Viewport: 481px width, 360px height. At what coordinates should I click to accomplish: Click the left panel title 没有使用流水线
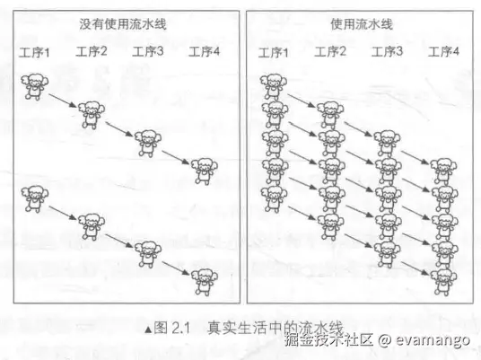[123, 24]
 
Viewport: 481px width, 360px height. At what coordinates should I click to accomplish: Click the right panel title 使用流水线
[362, 24]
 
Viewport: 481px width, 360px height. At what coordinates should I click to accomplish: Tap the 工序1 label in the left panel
[34, 52]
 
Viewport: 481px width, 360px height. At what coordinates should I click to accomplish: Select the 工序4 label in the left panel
[204, 51]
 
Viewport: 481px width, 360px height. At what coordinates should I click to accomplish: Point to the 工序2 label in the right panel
[330, 51]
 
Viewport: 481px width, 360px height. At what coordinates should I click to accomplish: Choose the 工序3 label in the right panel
[387, 51]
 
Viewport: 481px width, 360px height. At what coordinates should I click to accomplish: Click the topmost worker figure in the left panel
[35, 86]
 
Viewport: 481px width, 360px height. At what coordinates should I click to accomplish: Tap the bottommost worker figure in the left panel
[205, 282]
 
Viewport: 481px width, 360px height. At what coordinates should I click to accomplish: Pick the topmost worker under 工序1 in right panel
[274, 87]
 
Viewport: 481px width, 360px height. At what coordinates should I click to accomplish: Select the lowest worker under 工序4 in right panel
[443, 282]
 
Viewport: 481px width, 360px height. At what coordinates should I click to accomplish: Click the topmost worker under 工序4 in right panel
[443, 171]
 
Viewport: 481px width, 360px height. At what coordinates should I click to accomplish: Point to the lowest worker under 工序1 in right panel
[274, 199]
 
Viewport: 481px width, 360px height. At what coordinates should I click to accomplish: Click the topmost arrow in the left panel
[63, 101]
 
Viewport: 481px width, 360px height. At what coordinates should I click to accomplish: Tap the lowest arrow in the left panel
[176, 268]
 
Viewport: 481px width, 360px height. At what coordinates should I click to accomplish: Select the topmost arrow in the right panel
[302, 101]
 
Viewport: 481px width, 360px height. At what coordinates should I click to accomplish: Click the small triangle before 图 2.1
[148, 329]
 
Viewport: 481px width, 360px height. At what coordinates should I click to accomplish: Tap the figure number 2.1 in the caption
[180, 328]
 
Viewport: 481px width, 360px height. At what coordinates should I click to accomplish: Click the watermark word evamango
[433, 340]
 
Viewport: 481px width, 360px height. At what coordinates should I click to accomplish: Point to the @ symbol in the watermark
[385, 339]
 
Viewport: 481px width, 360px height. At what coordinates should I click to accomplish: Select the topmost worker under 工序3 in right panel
[387, 144]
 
